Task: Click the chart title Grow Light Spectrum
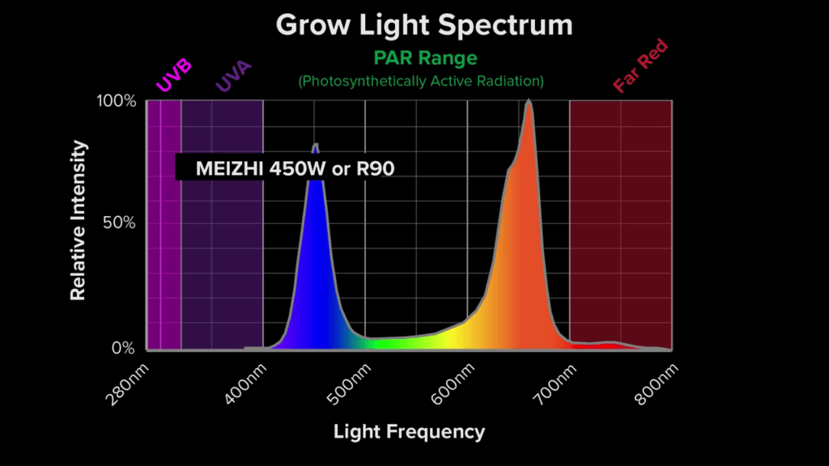(424, 24)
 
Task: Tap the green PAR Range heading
(425, 58)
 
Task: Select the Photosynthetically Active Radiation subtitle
(421, 81)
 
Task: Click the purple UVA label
(234, 76)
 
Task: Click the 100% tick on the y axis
(117, 101)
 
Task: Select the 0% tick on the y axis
(124, 349)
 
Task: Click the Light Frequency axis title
(409, 432)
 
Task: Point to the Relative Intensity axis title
(78, 221)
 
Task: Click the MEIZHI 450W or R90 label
(295, 168)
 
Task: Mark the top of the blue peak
(315, 145)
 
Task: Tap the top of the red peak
(529, 101)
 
